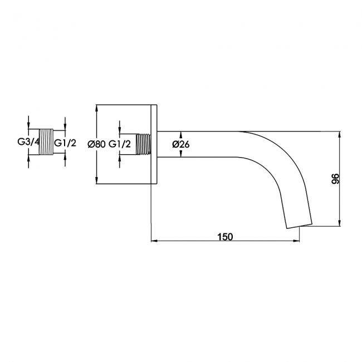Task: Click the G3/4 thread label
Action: click(x=28, y=142)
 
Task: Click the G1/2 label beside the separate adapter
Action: click(x=65, y=143)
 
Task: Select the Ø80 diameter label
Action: click(x=96, y=144)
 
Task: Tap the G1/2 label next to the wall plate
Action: click(x=120, y=144)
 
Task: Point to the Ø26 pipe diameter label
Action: click(x=181, y=144)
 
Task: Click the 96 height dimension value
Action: click(x=335, y=178)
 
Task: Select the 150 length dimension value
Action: click(x=225, y=237)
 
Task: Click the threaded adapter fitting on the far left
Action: click(x=46, y=142)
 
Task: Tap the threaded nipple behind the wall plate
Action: click(x=143, y=144)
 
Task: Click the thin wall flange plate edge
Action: click(x=154, y=145)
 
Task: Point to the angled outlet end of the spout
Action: click(x=299, y=226)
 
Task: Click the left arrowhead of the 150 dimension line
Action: click(x=154, y=241)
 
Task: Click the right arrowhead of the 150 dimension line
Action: click(x=296, y=241)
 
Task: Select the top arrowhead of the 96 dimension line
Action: click(x=339, y=135)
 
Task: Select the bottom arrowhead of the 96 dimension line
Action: click(x=339, y=223)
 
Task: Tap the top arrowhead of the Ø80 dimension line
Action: click(x=97, y=108)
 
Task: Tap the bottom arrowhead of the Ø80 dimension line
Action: click(x=97, y=181)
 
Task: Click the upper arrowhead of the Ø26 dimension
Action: click(x=181, y=135)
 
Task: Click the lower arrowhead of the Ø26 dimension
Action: click(x=181, y=154)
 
